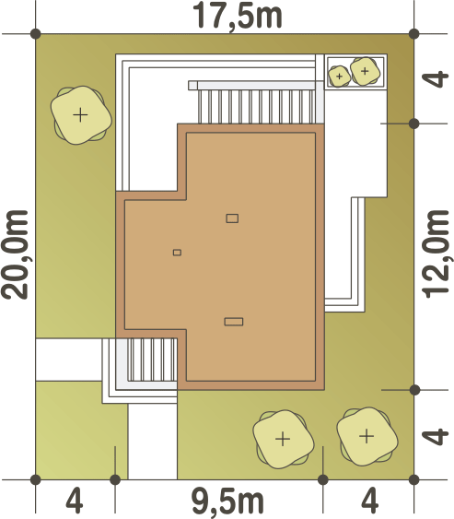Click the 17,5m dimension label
click(237, 17)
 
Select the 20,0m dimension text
click(15, 254)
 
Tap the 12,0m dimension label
click(436, 254)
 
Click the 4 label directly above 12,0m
click(436, 79)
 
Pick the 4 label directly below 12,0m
click(436, 436)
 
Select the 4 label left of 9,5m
click(75, 501)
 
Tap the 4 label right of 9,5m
click(369, 501)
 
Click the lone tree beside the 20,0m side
click(81, 115)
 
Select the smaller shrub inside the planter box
click(339, 77)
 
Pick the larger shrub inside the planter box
click(365, 71)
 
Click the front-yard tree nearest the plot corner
click(367, 437)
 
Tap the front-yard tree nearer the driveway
click(283, 439)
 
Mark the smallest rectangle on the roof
click(177, 253)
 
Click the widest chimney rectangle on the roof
click(234, 322)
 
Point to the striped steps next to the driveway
click(153, 360)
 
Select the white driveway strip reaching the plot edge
click(153, 441)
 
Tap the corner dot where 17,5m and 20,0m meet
click(35, 34)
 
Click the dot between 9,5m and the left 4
click(115, 479)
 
